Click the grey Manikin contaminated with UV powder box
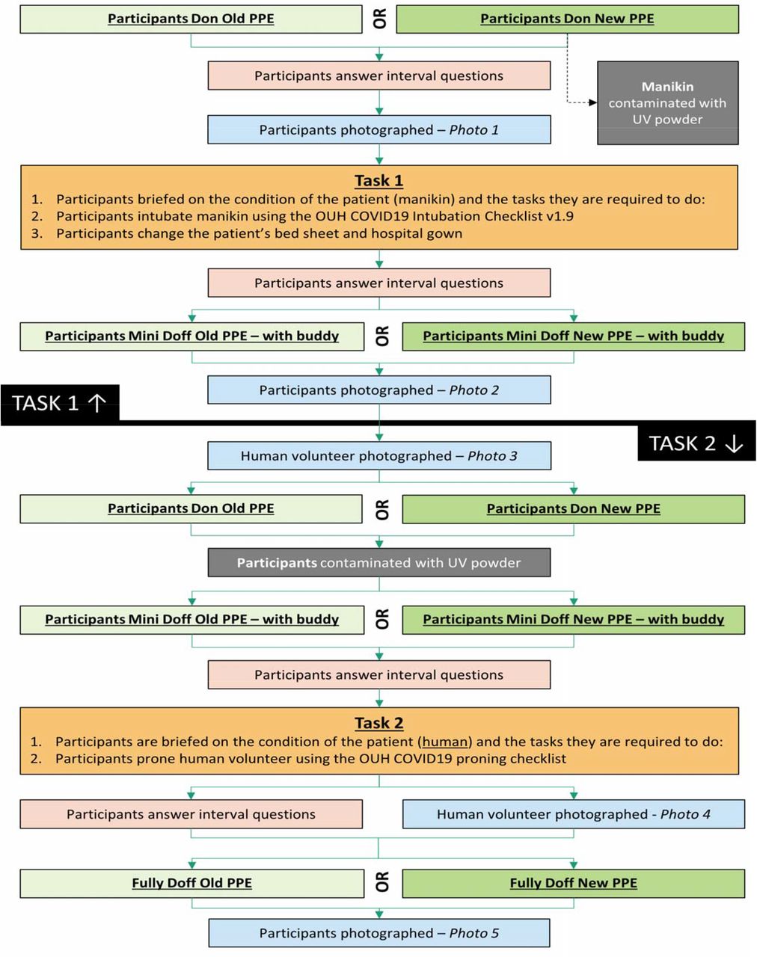tap(667, 102)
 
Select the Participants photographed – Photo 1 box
tap(378, 130)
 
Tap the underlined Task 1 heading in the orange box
tap(378, 180)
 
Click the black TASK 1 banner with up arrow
tap(60, 404)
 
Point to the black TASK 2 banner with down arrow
tap(696, 443)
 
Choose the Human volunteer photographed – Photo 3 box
tap(378, 456)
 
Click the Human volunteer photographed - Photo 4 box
tap(573, 814)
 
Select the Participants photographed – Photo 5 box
tap(378, 933)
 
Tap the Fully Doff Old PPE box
tap(191, 883)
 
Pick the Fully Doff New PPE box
tap(573, 883)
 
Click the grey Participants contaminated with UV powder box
tap(378, 562)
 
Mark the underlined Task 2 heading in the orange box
tap(378, 723)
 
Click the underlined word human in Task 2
tap(445, 742)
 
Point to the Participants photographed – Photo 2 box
tap(378, 390)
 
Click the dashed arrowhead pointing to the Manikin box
tap(592, 102)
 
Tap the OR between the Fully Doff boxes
tap(382, 881)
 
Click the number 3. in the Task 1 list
tap(37, 233)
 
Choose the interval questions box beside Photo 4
tap(191, 814)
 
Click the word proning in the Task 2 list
tap(481, 759)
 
